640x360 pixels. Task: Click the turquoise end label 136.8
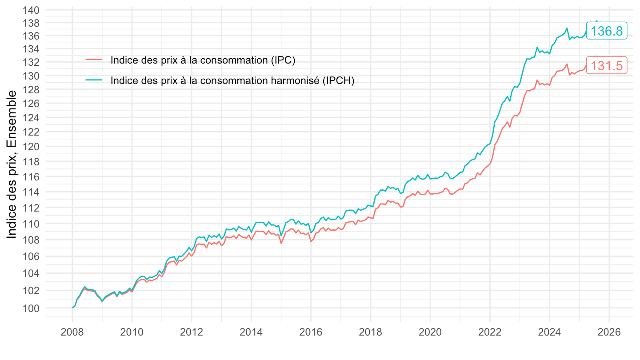click(607, 31)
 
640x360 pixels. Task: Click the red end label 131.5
click(607, 66)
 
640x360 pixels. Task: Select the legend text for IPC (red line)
click(203, 60)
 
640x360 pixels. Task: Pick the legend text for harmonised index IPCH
click(232, 80)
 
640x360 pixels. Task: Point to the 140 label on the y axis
click(31, 10)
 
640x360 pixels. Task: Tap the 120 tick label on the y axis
click(31, 147)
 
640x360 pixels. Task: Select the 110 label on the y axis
click(31, 224)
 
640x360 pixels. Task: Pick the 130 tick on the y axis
click(31, 76)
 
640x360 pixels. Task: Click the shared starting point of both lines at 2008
click(72, 308)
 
